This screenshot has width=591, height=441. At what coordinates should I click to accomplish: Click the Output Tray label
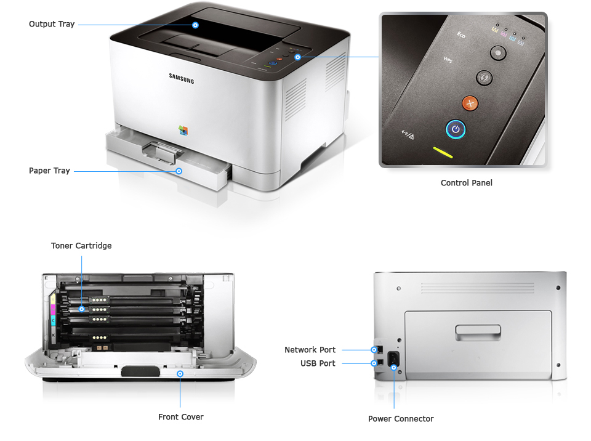[x=52, y=24]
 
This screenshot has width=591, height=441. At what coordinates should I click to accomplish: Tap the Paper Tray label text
[x=49, y=171]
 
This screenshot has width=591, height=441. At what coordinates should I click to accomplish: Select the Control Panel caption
[x=466, y=183]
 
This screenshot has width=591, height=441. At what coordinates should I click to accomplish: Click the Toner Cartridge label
[x=81, y=246]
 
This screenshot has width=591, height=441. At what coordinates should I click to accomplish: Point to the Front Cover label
[x=180, y=417]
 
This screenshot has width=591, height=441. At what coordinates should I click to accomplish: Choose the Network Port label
[x=310, y=350]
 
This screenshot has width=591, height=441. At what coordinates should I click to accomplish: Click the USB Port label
[x=318, y=363]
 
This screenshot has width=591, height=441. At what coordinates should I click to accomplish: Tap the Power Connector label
[x=401, y=419]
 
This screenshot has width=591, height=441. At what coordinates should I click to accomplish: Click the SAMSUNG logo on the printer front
[x=182, y=78]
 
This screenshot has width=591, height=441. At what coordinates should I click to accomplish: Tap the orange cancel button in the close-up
[x=470, y=103]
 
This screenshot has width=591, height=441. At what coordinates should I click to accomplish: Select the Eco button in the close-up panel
[x=497, y=53]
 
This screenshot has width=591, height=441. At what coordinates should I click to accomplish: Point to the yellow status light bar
[x=443, y=152]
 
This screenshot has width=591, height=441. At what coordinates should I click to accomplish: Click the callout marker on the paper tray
[x=179, y=171]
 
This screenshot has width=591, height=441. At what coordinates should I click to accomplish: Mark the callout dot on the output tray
[x=195, y=25]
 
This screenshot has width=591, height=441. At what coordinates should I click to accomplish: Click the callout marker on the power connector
[x=394, y=368]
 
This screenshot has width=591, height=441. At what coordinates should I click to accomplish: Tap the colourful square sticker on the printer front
[x=183, y=130]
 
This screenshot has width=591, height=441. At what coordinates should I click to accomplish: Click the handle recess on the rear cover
[x=477, y=333]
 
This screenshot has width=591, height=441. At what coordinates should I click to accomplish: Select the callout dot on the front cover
[x=180, y=373]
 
